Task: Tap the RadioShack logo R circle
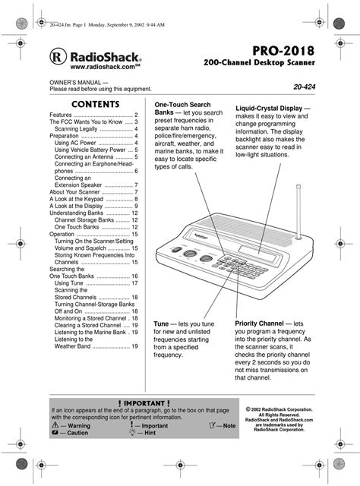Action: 57,57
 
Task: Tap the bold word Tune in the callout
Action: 163,323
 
